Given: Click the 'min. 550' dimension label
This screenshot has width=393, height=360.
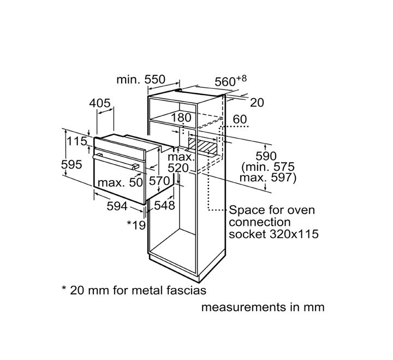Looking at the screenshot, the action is (x=141, y=80).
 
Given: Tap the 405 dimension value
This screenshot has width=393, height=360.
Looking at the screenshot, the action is (x=100, y=103).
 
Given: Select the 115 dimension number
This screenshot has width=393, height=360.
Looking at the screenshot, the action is (x=77, y=141).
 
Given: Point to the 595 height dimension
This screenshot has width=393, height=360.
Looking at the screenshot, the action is (x=72, y=165).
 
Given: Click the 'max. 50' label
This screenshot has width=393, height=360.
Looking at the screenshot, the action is (x=120, y=182).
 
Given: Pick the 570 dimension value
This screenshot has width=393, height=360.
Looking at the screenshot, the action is (x=159, y=181).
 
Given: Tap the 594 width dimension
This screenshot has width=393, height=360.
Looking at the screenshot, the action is (x=117, y=206).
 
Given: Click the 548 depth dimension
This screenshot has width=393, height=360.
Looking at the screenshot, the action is (x=164, y=206).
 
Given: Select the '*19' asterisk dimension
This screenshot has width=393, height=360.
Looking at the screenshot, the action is (x=136, y=225).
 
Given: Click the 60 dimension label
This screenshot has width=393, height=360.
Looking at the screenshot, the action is (x=240, y=119).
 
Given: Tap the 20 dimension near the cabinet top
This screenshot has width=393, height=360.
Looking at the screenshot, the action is (x=257, y=103).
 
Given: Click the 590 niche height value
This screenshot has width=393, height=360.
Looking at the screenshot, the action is (x=266, y=156).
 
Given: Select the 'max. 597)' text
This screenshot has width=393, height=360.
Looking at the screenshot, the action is (x=268, y=178).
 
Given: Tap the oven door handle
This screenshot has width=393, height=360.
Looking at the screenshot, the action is (x=116, y=162).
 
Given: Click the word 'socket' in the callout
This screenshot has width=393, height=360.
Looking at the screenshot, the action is (x=247, y=234).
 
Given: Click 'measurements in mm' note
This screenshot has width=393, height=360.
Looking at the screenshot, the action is (x=263, y=307).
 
